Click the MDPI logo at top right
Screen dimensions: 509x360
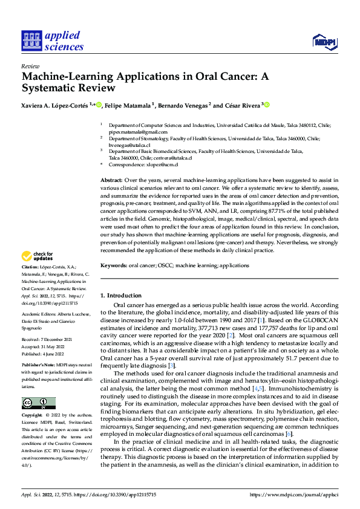[x=324, y=41]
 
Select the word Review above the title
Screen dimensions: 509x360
[x=30, y=66]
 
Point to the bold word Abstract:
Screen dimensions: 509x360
[x=111, y=180]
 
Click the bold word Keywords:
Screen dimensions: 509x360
[x=114, y=265]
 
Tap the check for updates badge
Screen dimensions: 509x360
[x=38, y=273]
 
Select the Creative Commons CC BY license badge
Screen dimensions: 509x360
[x=38, y=403]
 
